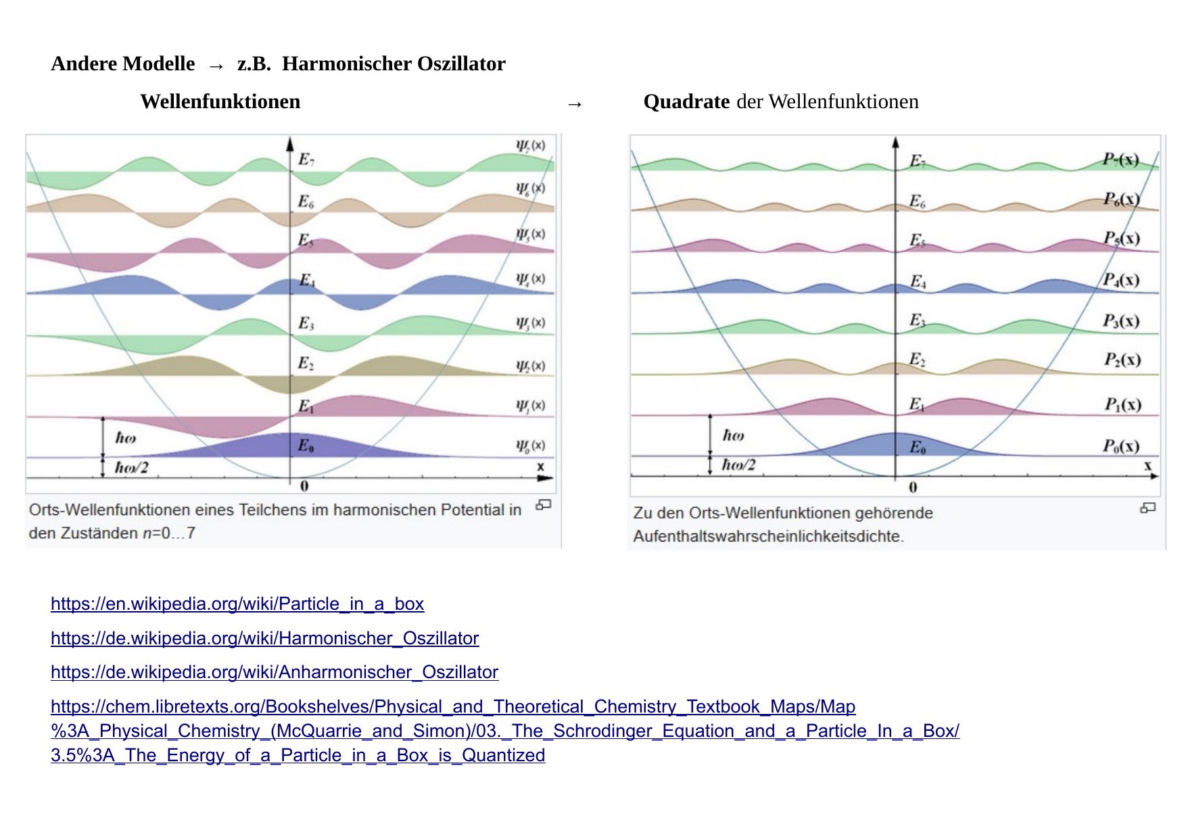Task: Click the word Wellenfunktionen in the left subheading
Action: pos(220,101)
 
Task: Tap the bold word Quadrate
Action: pos(686,101)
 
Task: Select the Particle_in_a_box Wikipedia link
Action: pos(237,604)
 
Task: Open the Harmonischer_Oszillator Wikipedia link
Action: pos(264,638)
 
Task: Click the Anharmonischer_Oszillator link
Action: pos(275,672)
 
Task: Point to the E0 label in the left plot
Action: pos(306,446)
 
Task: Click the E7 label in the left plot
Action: pos(306,160)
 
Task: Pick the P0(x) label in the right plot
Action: pos(1121,446)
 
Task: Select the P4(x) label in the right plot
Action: pos(1121,280)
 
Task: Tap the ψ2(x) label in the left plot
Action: pos(530,366)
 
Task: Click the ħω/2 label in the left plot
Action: pos(131,467)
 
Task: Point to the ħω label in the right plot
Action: pos(734,435)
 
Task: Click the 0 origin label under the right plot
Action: pos(913,487)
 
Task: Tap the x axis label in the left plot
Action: pos(540,466)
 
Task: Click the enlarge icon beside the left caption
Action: pos(544,505)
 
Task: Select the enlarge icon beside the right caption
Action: pos(1147,508)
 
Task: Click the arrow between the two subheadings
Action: pos(575,104)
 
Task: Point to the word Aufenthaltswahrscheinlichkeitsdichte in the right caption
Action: pos(767,537)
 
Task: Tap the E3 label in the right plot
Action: pos(917,320)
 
